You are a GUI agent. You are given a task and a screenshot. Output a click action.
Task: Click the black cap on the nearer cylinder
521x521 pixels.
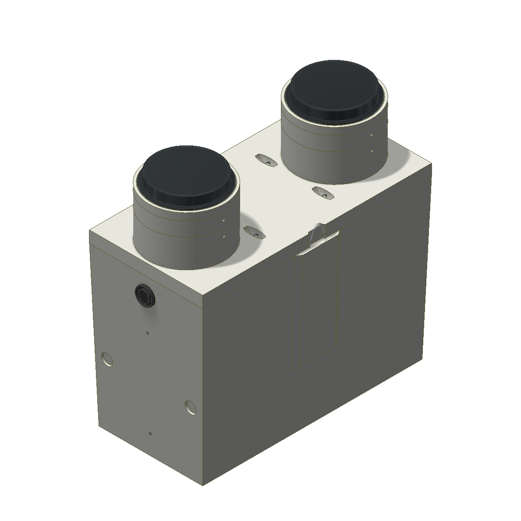point(187,174)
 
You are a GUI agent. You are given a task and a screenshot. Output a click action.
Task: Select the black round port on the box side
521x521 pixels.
point(144,296)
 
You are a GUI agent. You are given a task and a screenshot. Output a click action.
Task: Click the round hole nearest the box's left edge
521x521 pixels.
point(106,359)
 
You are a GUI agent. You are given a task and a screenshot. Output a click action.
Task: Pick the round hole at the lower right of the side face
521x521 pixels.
point(190,406)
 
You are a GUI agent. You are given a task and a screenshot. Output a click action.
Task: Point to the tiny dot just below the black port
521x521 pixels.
point(148,333)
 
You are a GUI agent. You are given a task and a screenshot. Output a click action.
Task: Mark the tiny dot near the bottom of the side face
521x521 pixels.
point(150,433)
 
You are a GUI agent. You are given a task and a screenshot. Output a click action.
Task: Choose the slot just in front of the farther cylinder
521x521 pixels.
point(323,192)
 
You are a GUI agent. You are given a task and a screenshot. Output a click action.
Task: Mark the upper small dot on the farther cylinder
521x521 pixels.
point(372,135)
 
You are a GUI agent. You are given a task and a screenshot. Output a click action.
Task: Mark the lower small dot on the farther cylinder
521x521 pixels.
point(372,152)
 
